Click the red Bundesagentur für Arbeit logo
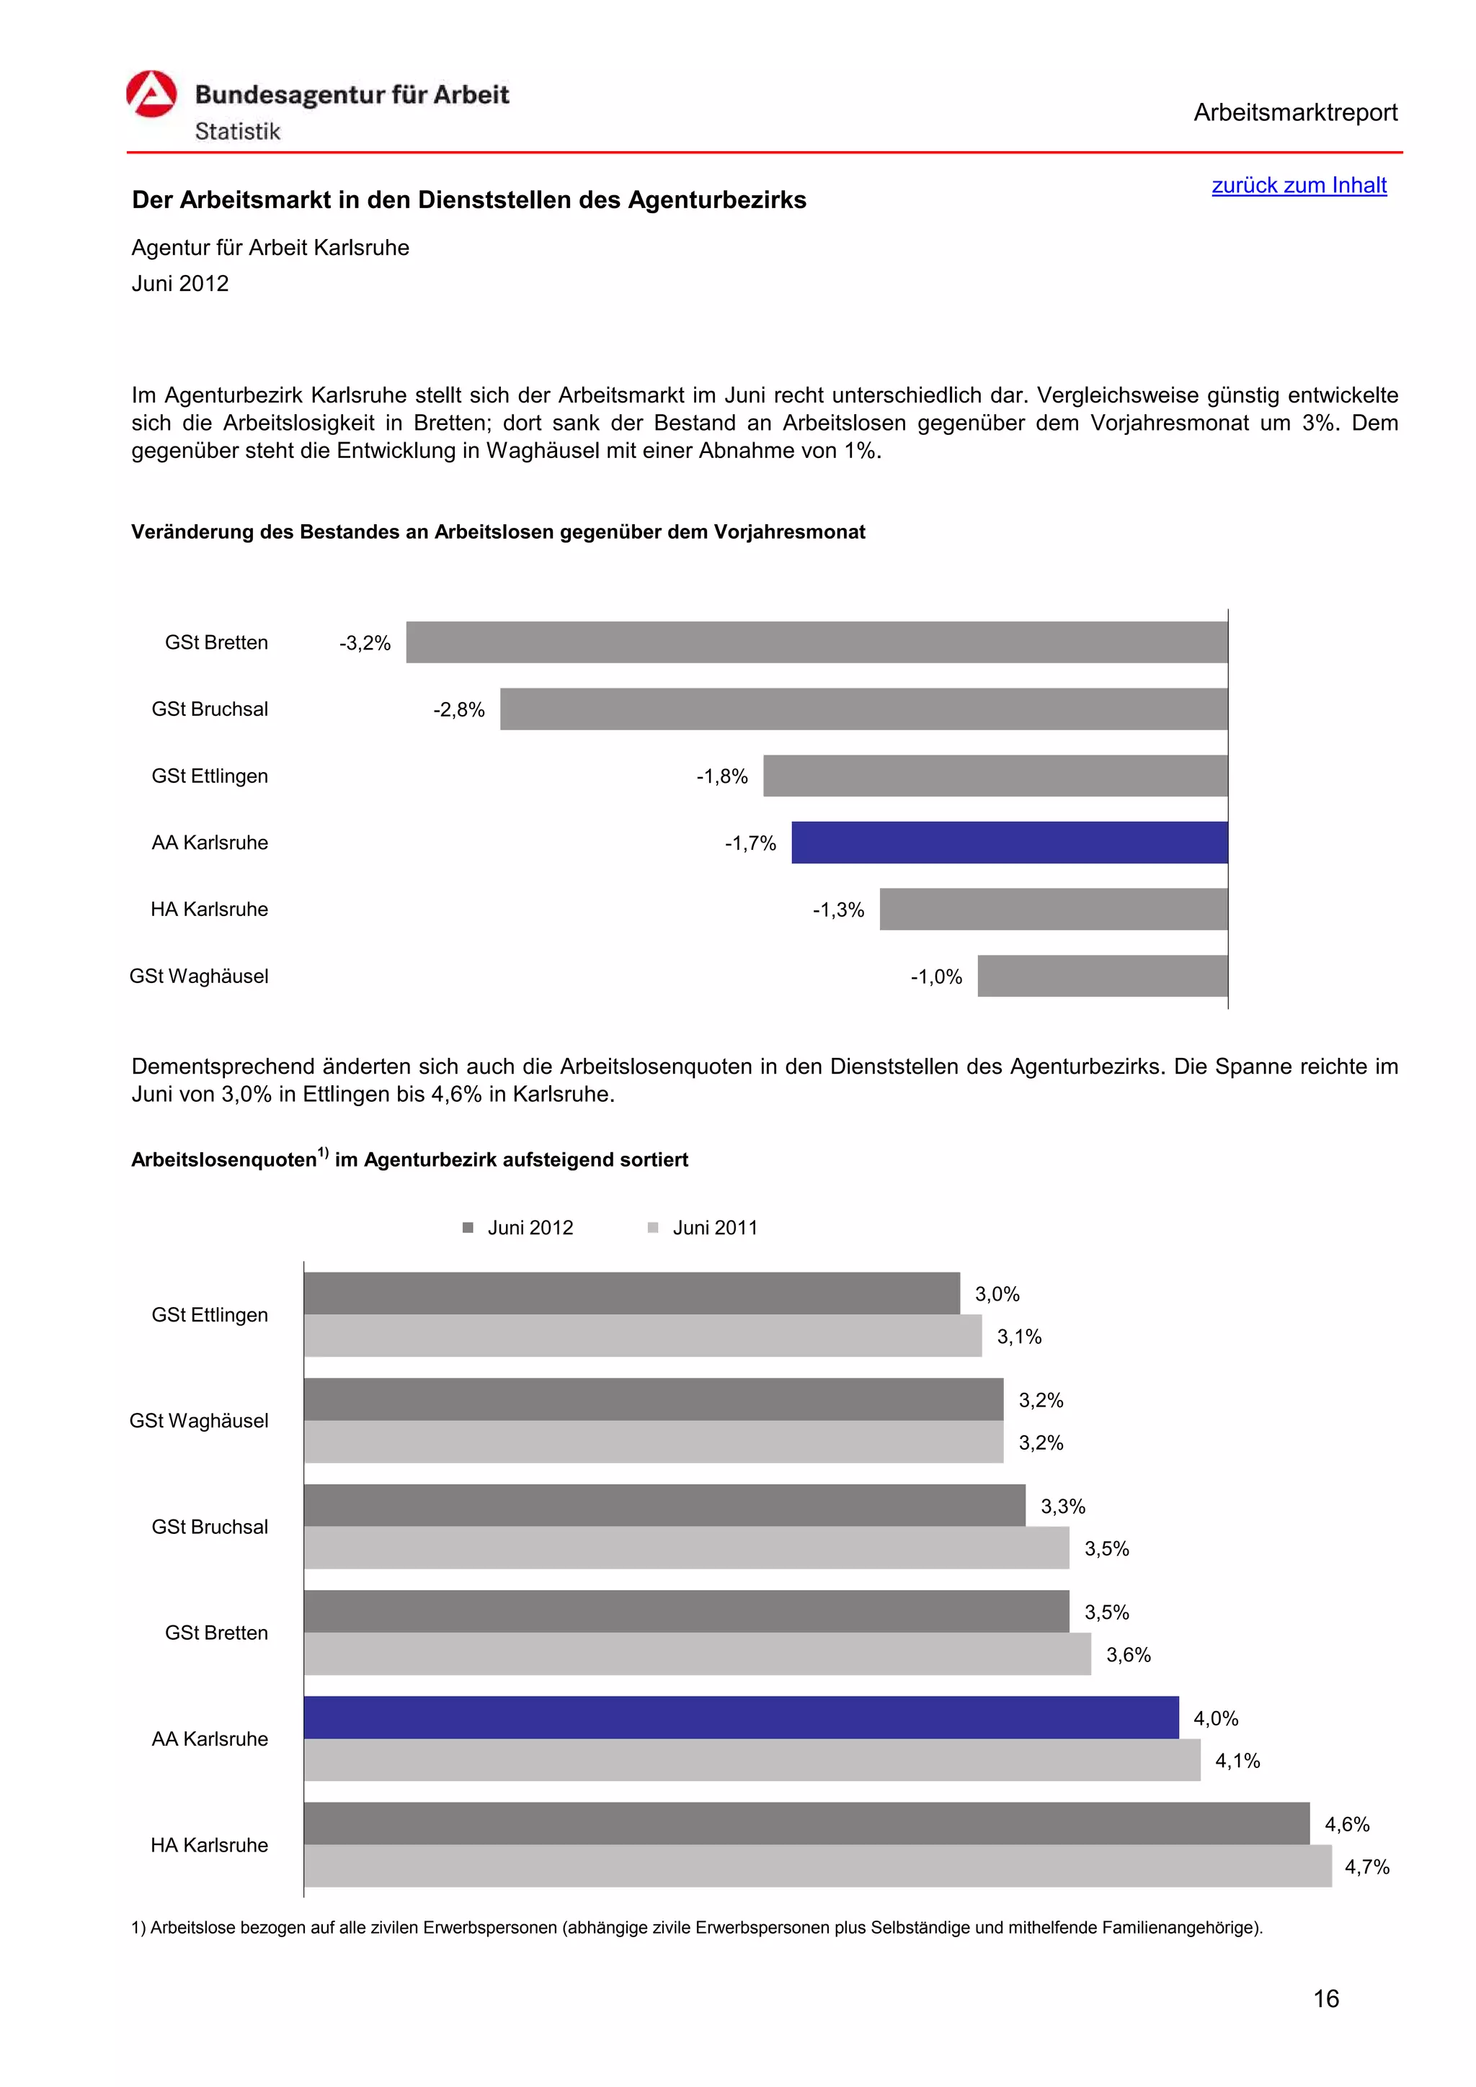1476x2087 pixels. coord(151,94)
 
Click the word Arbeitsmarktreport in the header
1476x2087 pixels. coord(1294,113)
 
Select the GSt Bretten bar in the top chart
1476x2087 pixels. coord(816,642)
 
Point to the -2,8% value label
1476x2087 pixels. coord(458,710)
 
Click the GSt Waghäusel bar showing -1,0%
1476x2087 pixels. coord(1101,977)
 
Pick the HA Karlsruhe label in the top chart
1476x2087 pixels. coord(209,910)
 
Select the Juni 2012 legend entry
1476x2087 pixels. coord(518,1228)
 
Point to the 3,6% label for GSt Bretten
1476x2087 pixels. coord(1128,1655)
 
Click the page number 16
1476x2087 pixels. coord(1325,1999)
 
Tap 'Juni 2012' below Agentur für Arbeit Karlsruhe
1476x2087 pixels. coord(180,284)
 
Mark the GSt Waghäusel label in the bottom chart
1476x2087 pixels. coord(199,1421)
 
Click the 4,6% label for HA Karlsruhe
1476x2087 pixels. coord(1346,1824)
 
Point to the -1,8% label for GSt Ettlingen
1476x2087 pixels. coord(721,776)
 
